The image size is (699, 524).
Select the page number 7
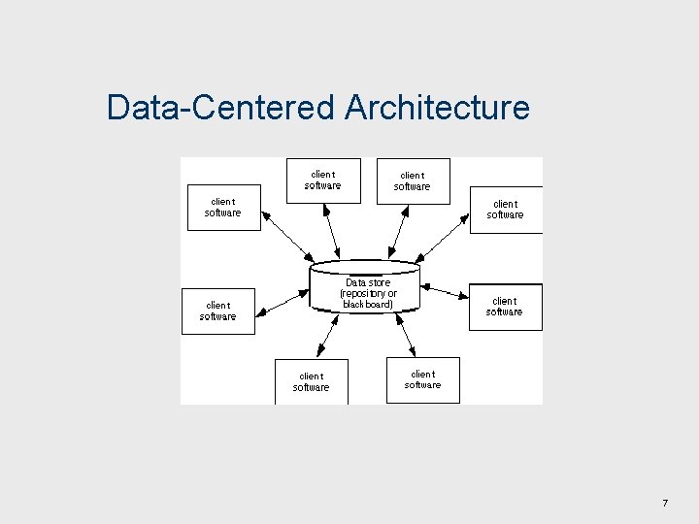click(665, 503)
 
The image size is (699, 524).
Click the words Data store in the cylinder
click(368, 282)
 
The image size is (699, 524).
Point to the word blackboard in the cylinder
click(368, 304)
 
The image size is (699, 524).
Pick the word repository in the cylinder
click(361, 293)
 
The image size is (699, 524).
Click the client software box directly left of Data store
click(218, 311)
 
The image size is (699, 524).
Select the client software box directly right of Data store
click(505, 307)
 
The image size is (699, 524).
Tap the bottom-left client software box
click(312, 381)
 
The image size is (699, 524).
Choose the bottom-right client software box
click(423, 379)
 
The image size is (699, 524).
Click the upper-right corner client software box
click(506, 210)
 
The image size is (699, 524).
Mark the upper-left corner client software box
click(223, 208)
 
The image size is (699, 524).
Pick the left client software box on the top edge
click(323, 180)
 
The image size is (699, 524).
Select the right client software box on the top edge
click(413, 181)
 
